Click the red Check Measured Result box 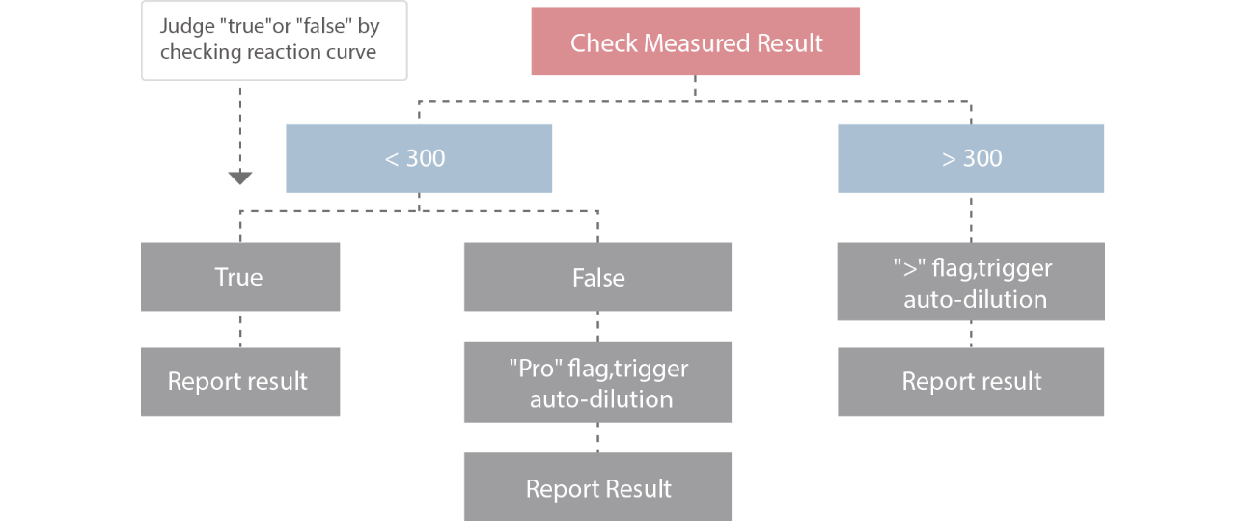(x=695, y=41)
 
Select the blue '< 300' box (x=418, y=158)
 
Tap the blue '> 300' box (x=971, y=158)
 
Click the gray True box (x=239, y=277)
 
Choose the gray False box (x=597, y=277)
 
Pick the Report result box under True (x=239, y=381)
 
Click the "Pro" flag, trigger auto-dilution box (x=597, y=383)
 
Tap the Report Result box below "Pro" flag (x=597, y=487)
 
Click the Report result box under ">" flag (x=971, y=381)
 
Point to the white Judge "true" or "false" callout (x=273, y=40)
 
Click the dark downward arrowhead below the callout (x=239, y=178)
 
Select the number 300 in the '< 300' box (x=426, y=158)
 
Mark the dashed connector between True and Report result (x=239, y=329)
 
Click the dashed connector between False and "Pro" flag (x=597, y=325)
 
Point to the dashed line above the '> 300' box (x=971, y=112)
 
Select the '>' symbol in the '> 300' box (x=948, y=158)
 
